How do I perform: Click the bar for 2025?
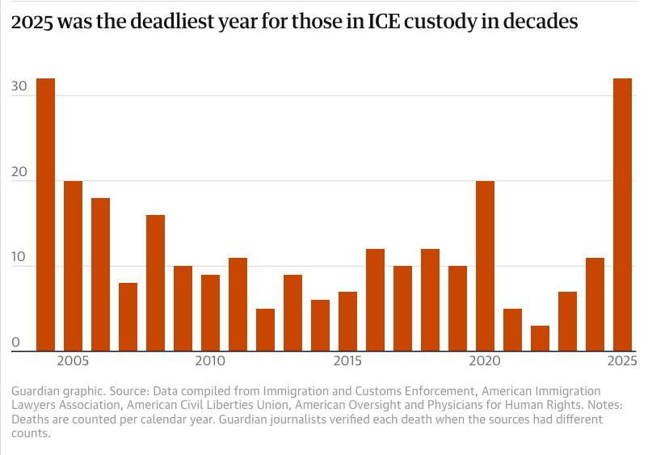coord(622,215)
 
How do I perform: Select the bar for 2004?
coord(45,215)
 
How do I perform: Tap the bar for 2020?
coord(485,266)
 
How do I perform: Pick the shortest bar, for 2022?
coord(540,339)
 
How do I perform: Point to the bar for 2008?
coord(155,283)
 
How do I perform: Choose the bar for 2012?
coord(265,330)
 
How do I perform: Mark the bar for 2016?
coord(375,300)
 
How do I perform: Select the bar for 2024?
coord(595,304)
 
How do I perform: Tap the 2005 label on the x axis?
coord(73,360)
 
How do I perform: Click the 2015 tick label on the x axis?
coord(347,360)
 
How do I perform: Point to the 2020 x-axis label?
coord(485,360)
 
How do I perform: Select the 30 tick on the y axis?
coord(20,87)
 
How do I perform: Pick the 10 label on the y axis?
coord(20,258)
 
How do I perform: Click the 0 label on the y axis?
coord(16,343)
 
